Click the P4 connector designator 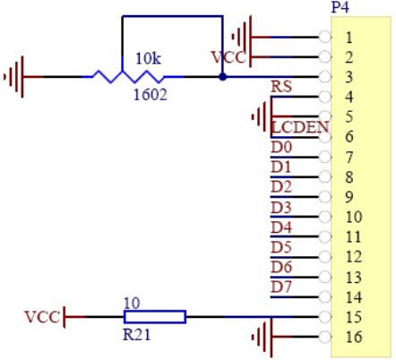coord(340,7)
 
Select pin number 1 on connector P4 coord(349,38)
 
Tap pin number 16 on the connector coord(354,337)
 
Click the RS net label coord(281,87)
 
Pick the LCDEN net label coord(300,127)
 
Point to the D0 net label coord(281,147)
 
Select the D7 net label coord(281,287)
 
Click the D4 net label coord(281,227)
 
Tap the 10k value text coord(149,58)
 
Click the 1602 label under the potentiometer coord(151,95)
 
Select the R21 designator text coord(137,335)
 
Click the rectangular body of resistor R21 coord(155,317)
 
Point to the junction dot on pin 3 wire coord(222,77)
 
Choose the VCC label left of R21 coord(42,317)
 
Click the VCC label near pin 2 coord(228,57)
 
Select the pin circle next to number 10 coord(325,217)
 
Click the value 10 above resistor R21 coord(132,304)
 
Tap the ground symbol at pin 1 coord(250,38)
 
